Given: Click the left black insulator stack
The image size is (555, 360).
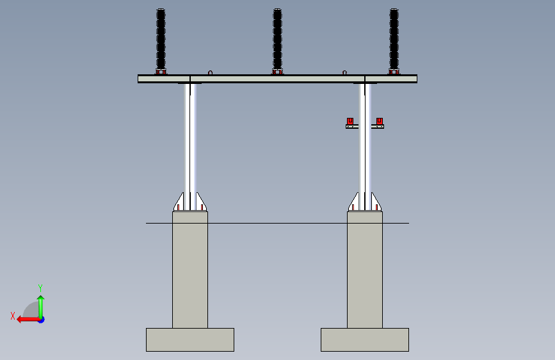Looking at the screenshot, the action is (x=161, y=38).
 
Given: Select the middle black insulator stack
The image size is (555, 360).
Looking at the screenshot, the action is (x=277, y=38).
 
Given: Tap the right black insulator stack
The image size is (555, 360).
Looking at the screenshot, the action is (x=394, y=38).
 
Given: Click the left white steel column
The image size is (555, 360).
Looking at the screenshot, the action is (x=190, y=138).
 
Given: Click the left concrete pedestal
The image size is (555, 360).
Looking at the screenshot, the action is (x=190, y=269).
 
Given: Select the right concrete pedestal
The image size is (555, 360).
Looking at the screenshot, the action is (x=365, y=269).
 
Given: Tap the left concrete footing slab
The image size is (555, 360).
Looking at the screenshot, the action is (x=190, y=340).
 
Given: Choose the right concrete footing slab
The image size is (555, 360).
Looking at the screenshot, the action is (x=365, y=340).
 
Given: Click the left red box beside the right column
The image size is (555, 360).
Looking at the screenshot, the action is (x=350, y=121).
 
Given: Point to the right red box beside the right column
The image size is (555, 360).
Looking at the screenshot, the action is (x=380, y=121).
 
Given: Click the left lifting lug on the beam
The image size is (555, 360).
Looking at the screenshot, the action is (x=210, y=72).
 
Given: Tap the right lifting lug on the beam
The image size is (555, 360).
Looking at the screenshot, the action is (x=344, y=72).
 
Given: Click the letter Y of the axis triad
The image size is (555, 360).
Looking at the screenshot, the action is (x=40, y=288).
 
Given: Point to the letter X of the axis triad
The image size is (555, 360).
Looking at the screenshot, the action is (x=12, y=315).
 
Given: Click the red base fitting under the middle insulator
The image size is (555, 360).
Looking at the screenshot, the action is (x=277, y=72).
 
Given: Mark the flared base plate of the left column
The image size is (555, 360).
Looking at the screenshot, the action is (x=190, y=202).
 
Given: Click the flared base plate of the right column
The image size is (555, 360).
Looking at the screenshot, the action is (x=365, y=202).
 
